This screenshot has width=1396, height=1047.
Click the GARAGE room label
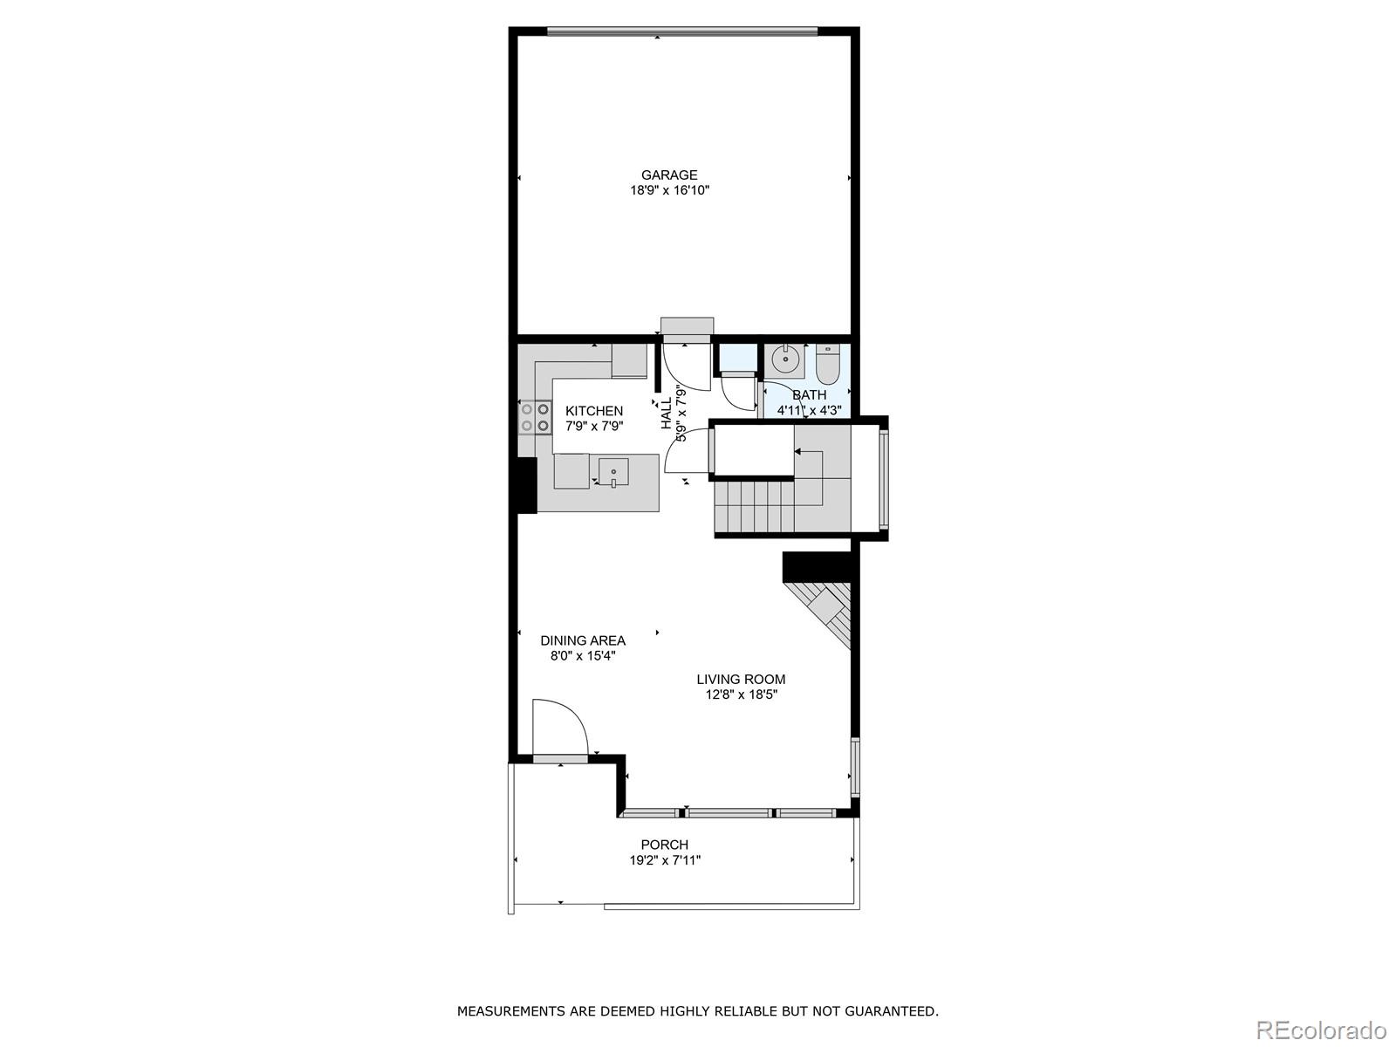coord(669,174)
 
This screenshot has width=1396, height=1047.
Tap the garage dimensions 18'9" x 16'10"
coord(669,190)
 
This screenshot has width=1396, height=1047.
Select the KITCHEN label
coord(594,411)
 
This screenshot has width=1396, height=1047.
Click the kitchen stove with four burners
coord(535,417)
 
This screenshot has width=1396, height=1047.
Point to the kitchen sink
coord(613,472)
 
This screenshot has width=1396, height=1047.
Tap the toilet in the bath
coord(827,364)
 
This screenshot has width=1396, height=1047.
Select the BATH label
coord(809,395)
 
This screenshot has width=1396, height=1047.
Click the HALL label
coord(667,414)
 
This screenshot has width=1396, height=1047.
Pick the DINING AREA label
coord(583,640)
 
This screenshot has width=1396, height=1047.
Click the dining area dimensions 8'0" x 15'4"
coord(583,656)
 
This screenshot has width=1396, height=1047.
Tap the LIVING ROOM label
coord(741,679)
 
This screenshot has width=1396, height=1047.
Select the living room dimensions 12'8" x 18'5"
coord(741,695)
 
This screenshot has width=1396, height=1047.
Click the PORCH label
coord(665,845)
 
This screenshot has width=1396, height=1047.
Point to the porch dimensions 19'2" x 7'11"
coord(665,860)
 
